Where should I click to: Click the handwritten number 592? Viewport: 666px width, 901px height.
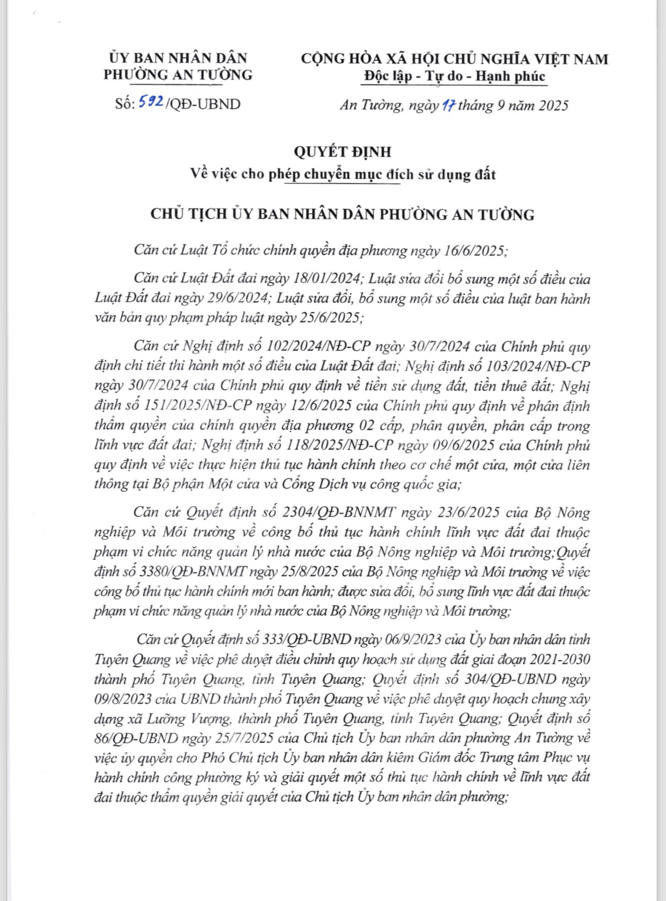(x=152, y=103)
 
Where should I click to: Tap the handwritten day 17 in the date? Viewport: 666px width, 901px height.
(x=448, y=105)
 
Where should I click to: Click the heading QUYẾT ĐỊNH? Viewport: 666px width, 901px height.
(x=343, y=151)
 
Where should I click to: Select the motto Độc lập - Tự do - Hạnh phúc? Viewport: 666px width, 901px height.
(x=455, y=76)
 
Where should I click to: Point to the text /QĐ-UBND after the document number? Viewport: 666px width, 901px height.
(x=203, y=104)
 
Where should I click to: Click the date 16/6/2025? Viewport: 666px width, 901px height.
(x=477, y=251)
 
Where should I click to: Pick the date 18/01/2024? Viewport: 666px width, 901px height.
(x=327, y=279)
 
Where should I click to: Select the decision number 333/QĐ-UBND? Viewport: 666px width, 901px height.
(x=307, y=640)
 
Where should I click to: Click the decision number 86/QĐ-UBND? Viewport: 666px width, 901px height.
(x=136, y=738)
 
